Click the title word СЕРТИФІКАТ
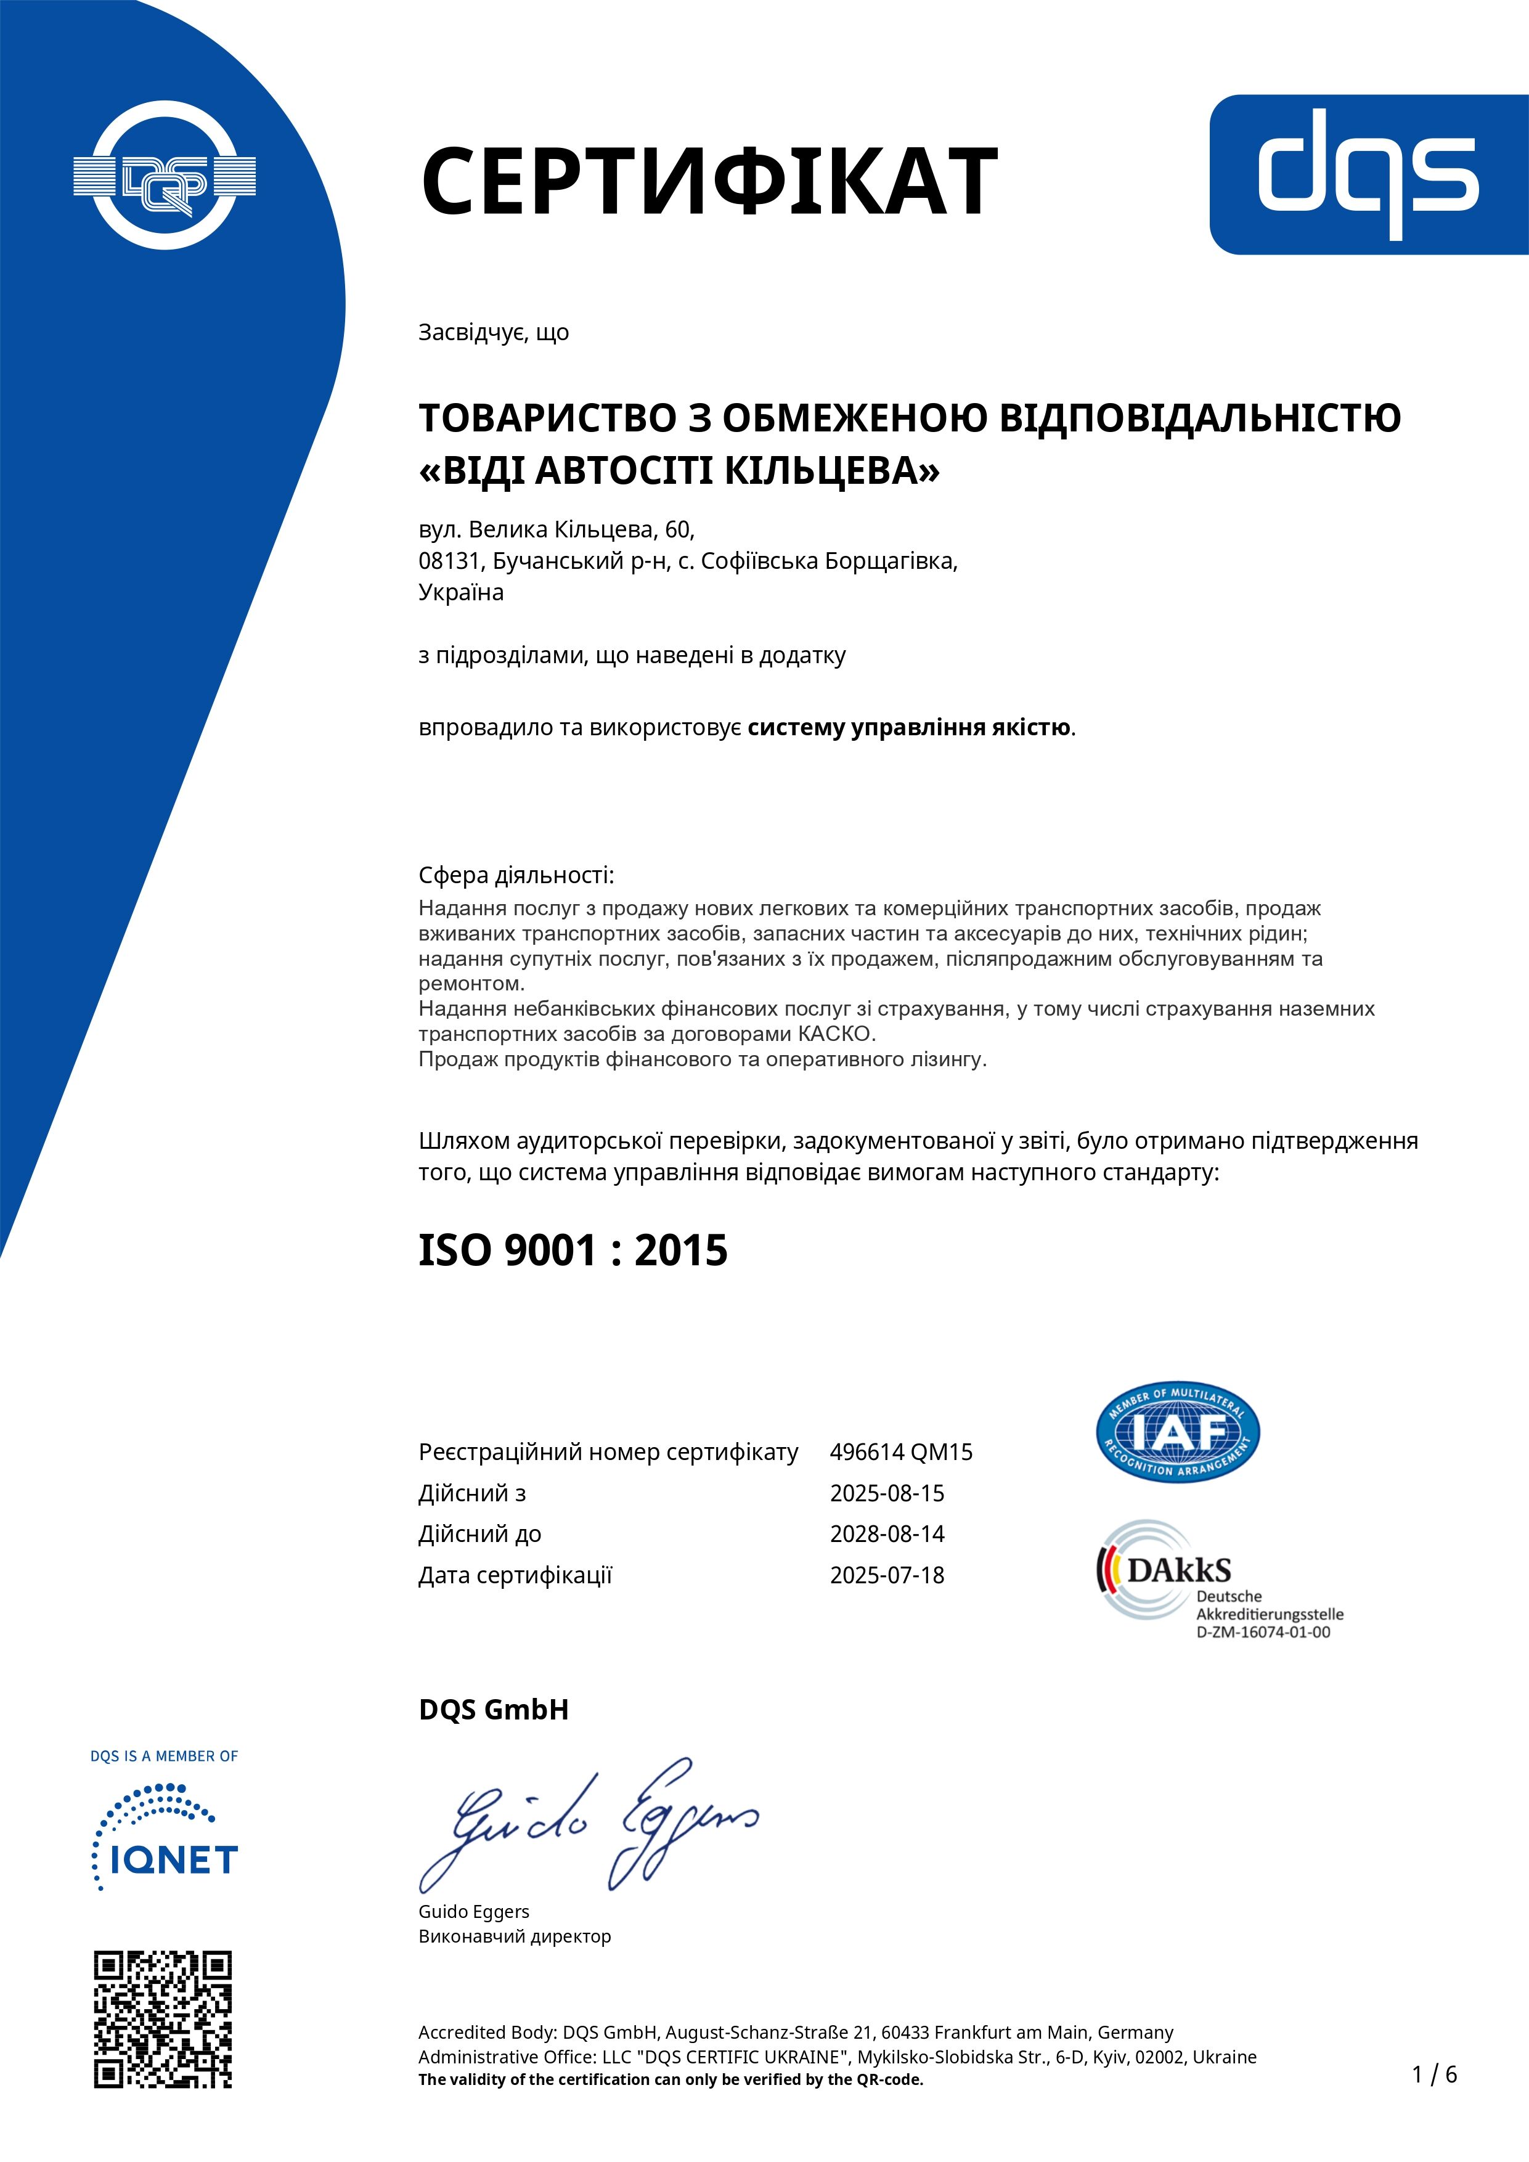pyautogui.click(x=708, y=180)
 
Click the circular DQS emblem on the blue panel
pyautogui.click(x=165, y=175)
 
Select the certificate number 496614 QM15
pyautogui.click(x=901, y=1452)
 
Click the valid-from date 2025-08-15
pyautogui.click(x=887, y=1493)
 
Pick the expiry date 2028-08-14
pyautogui.click(x=887, y=1534)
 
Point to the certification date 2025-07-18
pyautogui.click(x=887, y=1575)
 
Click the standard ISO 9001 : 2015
pyautogui.click(x=573, y=1250)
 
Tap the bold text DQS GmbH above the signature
pyautogui.click(x=494, y=1709)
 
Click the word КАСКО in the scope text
pyautogui.click(x=835, y=1034)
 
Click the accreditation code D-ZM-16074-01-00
pyautogui.click(x=1263, y=1633)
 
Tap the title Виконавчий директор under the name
pyautogui.click(x=515, y=1936)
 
